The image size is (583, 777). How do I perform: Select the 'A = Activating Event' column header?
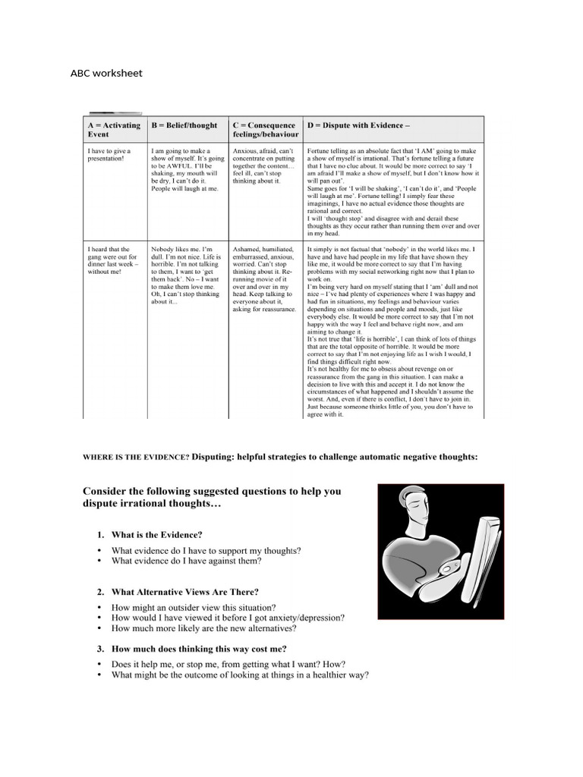115,129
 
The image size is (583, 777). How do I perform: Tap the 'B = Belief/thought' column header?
184,125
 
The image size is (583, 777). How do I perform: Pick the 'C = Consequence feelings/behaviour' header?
265,129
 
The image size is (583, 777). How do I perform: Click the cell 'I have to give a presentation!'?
109,156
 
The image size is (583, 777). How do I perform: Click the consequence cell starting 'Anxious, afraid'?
264,166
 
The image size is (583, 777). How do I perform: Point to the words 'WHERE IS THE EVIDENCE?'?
136,457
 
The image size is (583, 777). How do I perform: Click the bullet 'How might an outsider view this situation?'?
194,608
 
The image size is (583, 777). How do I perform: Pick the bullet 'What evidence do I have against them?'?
187,562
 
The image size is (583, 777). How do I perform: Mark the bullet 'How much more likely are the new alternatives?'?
204,628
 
